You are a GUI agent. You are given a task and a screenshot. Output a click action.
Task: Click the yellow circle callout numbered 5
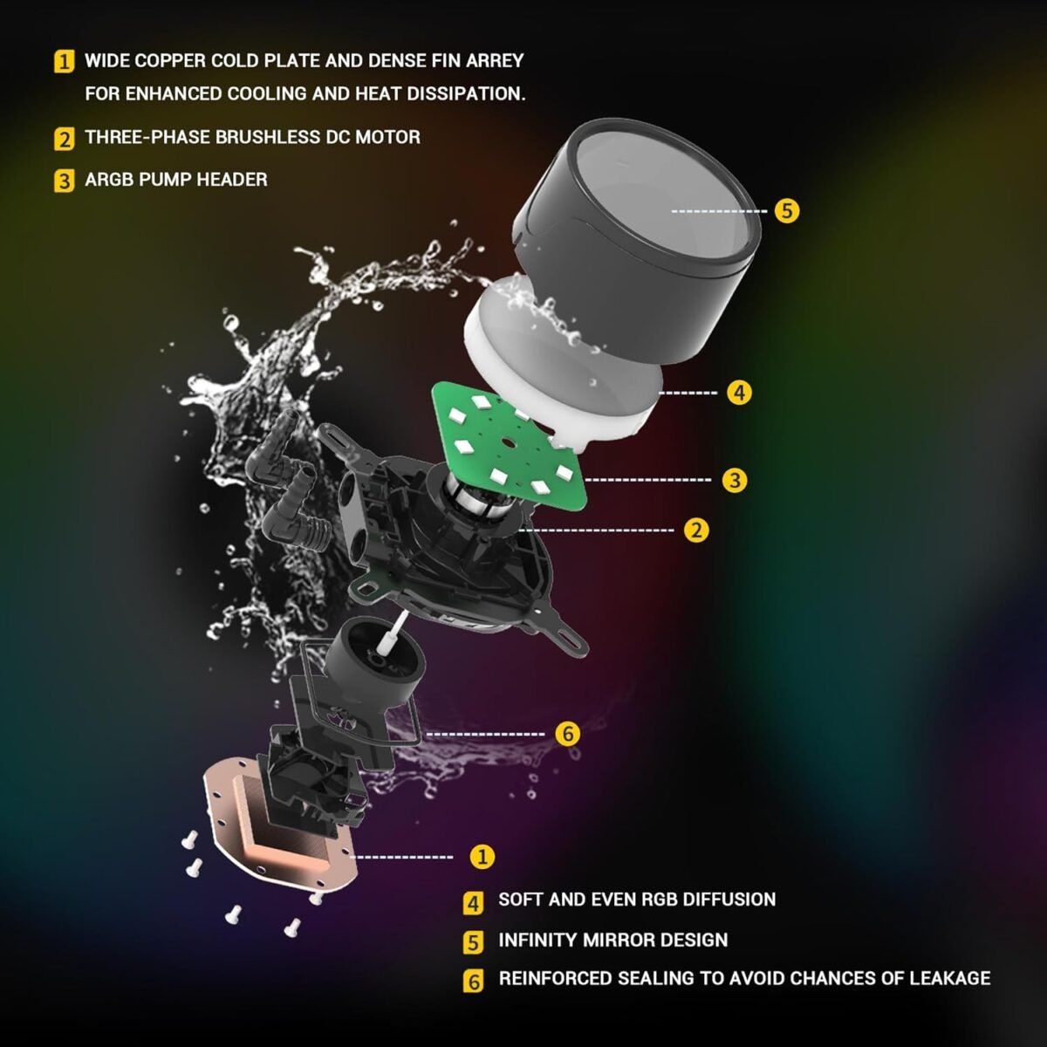tap(786, 210)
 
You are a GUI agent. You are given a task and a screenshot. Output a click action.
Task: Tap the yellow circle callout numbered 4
tap(739, 393)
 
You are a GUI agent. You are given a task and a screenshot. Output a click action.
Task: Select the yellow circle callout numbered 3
tap(735, 480)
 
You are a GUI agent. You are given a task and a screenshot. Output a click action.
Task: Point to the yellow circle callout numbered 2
tap(695, 530)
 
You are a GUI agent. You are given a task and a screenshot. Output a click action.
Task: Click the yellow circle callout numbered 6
tap(567, 734)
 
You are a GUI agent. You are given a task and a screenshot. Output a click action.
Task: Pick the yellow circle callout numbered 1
tap(482, 857)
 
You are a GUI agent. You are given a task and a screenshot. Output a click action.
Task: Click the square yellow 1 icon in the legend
tap(65, 62)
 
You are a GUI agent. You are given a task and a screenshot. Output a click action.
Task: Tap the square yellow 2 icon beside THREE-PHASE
tap(65, 139)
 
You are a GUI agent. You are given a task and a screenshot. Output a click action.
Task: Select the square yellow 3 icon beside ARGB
tap(65, 181)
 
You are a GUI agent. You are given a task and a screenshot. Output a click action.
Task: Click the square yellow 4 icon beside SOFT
tap(473, 902)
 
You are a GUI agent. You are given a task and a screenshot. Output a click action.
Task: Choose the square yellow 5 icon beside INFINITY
tap(473, 942)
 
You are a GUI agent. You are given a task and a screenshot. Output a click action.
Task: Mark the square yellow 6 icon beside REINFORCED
tap(473, 981)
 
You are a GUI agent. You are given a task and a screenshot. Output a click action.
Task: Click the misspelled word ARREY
tap(494, 61)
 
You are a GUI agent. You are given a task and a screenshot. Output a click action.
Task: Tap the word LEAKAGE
tap(949, 978)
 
